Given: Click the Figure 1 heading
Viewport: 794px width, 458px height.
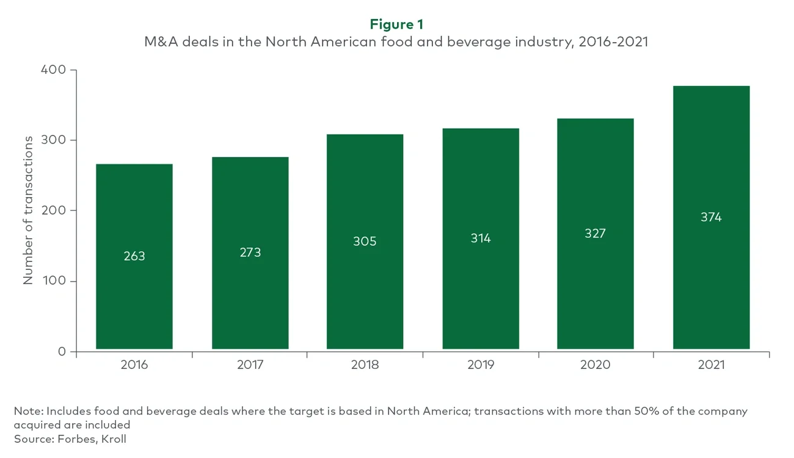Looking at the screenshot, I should pyautogui.click(x=396, y=24).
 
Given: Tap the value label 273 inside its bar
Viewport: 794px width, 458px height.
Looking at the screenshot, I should pyautogui.click(x=250, y=252).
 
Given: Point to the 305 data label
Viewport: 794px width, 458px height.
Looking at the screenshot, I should pyautogui.click(x=365, y=241).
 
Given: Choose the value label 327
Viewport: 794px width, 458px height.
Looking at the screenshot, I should pyautogui.click(x=595, y=233).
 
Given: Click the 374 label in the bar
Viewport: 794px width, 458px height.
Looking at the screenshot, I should pyautogui.click(x=711, y=217).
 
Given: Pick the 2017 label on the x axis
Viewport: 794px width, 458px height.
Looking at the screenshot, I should pyautogui.click(x=250, y=365).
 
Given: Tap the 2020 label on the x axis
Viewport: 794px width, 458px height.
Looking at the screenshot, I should pyautogui.click(x=595, y=365).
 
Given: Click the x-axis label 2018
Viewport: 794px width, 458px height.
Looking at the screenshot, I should pyautogui.click(x=365, y=365).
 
